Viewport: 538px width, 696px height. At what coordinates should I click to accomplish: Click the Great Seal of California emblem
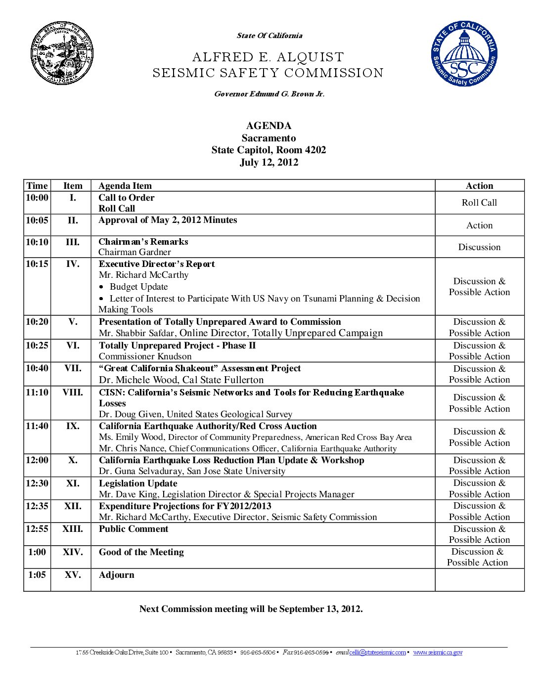(62, 53)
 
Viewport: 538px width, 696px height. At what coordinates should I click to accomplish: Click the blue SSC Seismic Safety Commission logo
(464, 54)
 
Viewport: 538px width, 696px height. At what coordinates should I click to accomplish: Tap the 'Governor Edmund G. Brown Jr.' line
(269, 94)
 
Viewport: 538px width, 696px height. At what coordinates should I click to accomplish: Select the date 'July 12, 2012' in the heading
(269, 162)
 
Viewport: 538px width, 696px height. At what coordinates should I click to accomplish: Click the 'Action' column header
(479, 186)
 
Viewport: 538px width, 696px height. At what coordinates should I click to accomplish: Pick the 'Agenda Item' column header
(125, 186)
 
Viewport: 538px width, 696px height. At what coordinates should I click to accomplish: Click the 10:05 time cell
(37, 220)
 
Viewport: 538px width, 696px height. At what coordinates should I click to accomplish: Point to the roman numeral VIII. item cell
(72, 392)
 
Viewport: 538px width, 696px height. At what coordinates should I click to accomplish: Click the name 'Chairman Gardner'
(134, 252)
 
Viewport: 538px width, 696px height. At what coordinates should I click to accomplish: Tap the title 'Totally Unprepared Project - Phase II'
(177, 346)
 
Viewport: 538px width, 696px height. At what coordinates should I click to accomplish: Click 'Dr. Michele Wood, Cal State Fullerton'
(181, 380)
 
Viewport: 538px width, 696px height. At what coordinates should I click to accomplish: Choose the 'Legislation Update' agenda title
(138, 483)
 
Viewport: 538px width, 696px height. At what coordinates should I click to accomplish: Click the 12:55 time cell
(37, 529)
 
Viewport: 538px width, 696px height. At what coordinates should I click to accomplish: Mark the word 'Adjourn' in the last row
(116, 575)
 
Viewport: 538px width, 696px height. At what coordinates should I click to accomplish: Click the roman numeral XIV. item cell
(72, 552)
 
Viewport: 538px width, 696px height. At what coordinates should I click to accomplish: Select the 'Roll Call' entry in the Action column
(479, 203)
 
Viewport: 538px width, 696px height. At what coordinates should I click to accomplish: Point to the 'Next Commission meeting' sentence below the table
(251, 609)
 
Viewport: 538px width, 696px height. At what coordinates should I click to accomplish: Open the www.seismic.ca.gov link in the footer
(438, 652)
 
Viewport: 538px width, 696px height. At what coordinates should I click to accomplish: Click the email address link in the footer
(377, 652)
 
